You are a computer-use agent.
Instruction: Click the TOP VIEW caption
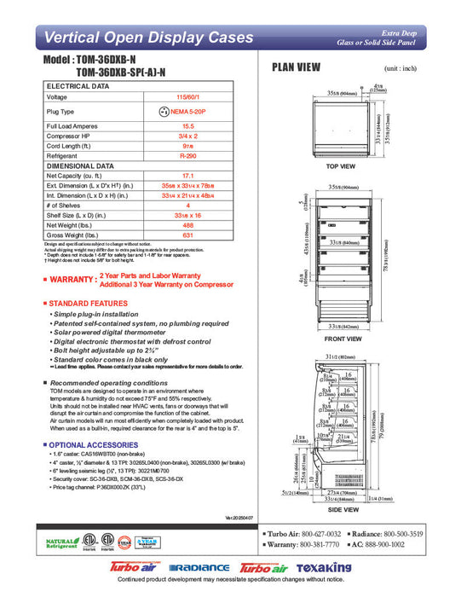click(x=340, y=166)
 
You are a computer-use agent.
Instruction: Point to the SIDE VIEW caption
click(x=341, y=508)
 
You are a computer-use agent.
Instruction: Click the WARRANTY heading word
click(x=72, y=279)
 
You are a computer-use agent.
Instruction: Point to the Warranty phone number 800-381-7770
click(x=319, y=544)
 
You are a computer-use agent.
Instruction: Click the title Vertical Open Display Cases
click(x=148, y=38)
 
